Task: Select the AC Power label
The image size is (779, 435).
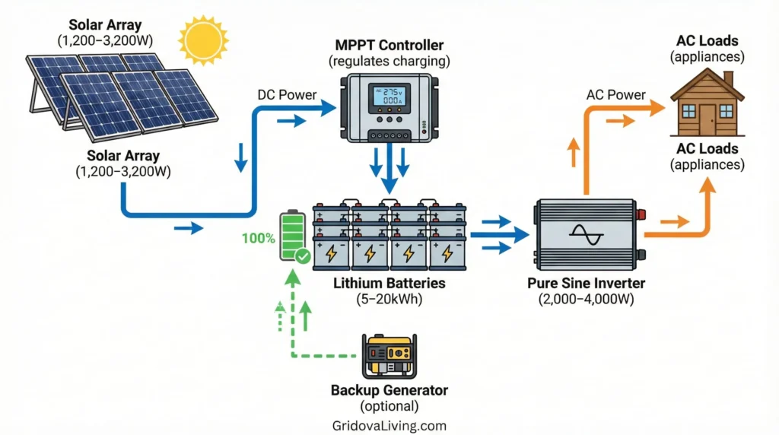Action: pos(615,95)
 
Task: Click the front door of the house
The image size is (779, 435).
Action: pos(707,119)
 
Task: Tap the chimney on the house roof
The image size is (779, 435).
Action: pos(728,78)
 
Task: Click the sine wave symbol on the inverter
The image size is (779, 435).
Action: pos(587,233)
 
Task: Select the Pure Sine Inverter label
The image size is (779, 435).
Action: pos(586,284)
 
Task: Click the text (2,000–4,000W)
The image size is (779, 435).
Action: pos(586,300)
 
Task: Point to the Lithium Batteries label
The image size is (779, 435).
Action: pos(389,284)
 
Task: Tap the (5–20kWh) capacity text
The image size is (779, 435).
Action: pos(389,300)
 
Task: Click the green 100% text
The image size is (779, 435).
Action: pos(259,238)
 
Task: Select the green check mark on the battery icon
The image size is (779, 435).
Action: pos(303,256)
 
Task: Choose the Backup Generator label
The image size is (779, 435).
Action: pos(389,390)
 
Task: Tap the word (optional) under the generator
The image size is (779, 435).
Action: pos(389,406)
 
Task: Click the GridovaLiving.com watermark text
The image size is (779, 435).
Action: pos(389,426)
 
